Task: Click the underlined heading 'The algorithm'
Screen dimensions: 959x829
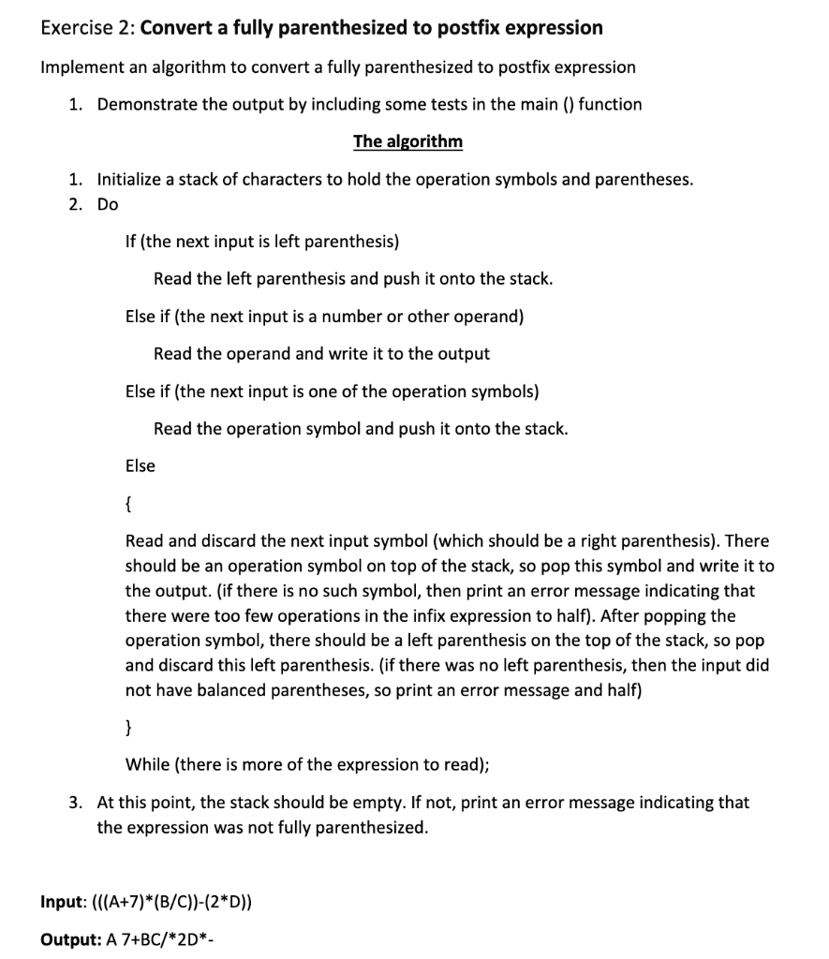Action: point(407,141)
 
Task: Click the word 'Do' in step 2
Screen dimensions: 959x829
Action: point(108,204)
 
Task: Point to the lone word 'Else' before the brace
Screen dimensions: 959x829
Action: point(141,465)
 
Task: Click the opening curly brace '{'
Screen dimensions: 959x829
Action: point(128,504)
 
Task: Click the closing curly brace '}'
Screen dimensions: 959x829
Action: point(128,728)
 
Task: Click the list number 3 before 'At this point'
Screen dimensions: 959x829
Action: point(74,803)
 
